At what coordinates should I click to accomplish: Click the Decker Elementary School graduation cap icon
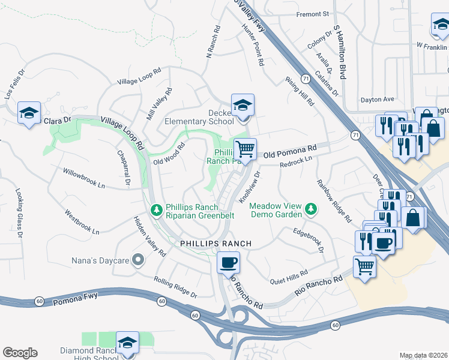[x=243, y=105]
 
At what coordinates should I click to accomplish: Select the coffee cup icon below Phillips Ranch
[x=228, y=262]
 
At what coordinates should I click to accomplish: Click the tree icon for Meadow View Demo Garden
[x=311, y=209]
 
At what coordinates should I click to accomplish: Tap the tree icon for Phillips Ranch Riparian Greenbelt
[x=157, y=209]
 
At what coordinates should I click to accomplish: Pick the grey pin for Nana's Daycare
[x=138, y=260]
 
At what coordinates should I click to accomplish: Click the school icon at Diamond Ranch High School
[x=127, y=342]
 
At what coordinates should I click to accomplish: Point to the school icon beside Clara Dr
[x=28, y=113]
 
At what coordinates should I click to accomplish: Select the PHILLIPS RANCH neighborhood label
[x=216, y=244]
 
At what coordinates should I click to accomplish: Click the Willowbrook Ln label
[x=84, y=179]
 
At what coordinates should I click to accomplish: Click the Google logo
[x=20, y=352]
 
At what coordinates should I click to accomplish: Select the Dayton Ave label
[x=376, y=100]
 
